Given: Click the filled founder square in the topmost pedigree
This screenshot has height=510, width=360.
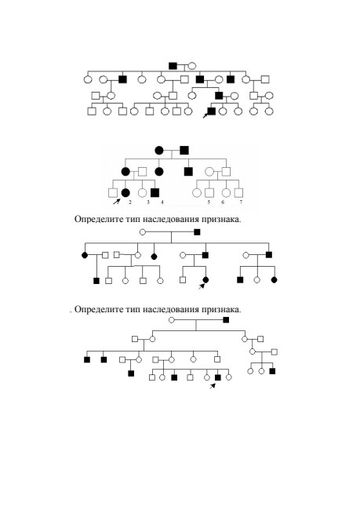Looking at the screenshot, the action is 173,66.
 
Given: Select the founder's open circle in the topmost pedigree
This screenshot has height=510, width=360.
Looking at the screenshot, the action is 192,66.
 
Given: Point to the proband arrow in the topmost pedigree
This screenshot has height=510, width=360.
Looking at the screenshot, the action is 205,115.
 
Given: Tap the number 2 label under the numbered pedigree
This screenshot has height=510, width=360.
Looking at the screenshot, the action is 129,202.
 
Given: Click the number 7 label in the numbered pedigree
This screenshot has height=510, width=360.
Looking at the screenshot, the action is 241,202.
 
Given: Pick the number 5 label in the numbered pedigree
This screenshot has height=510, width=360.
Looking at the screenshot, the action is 209,202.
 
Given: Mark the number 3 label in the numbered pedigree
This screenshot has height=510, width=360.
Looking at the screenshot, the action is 148,202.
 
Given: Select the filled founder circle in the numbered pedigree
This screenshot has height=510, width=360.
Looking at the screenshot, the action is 159,151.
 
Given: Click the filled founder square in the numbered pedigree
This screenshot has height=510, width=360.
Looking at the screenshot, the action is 184,151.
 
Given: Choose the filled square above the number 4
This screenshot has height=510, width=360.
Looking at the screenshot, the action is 155,193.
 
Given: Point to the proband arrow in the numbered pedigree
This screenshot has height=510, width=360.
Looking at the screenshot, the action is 116,202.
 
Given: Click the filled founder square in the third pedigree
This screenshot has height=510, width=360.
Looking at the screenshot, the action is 197,232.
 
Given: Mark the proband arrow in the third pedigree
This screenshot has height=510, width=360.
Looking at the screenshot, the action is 202,286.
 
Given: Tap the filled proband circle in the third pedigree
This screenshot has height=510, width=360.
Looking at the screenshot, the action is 205,280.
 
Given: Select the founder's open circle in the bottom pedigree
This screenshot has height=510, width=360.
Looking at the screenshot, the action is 172,320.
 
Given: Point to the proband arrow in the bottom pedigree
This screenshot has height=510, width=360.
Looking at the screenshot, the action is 212,386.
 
